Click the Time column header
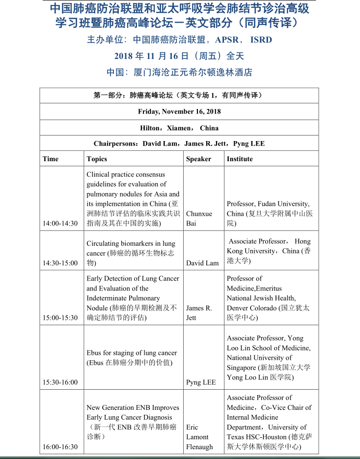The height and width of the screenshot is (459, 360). click(x=51, y=159)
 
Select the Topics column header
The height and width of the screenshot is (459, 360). click(x=97, y=159)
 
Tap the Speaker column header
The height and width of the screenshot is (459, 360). click(x=198, y=159)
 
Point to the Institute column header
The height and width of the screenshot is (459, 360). click(x=240, y=159)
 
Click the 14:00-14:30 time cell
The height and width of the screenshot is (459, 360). click(x=60, y=223)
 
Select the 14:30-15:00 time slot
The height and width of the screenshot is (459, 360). click(x=60, y=263)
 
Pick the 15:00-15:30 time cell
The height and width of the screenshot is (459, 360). click(x=60, y=317)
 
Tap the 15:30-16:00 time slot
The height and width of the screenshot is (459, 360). click(x=60, y=382)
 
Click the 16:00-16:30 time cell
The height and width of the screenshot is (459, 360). click(x=60, y=447)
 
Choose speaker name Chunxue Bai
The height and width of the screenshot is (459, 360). click(x=198, y=218)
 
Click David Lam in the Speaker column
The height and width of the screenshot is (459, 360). click(x=202, y=263)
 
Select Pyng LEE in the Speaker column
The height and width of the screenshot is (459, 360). click(x=201, y=382)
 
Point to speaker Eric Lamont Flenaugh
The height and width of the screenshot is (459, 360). click(x=199, y=437)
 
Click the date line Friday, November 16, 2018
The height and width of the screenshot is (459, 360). click(x=179, y=112)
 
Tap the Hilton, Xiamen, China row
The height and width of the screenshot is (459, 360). click(x=179, y=128)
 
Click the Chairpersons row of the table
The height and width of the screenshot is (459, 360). click(x=179, y=143)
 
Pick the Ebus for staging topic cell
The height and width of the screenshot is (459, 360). click(x=132, y=358)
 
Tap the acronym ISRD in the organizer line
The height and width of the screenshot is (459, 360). click(x=261, y=40)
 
